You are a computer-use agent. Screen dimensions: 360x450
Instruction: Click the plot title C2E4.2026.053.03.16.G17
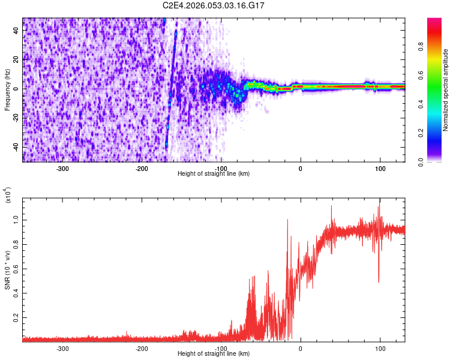click(214, 5)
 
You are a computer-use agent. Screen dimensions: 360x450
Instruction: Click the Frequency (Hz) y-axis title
click(7, 89)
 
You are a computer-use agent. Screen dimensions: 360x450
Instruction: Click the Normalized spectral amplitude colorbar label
click(446, 90)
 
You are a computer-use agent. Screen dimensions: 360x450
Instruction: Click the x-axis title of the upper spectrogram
click(214, 174)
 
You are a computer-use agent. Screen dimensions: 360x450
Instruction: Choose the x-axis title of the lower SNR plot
click(214, 354)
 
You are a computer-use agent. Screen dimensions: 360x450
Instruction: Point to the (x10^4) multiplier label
click(7, 194)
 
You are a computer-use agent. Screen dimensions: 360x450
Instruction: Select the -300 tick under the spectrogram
click(63, 169)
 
